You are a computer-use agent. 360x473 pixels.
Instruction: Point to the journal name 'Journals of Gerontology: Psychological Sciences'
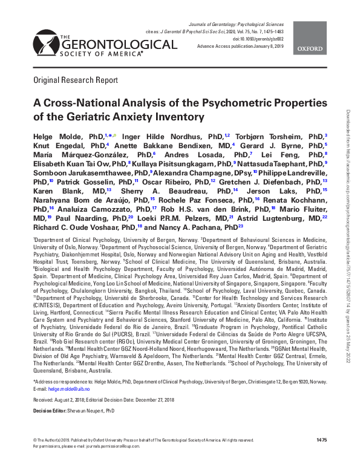pyautogui.click(x=264, y=22)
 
